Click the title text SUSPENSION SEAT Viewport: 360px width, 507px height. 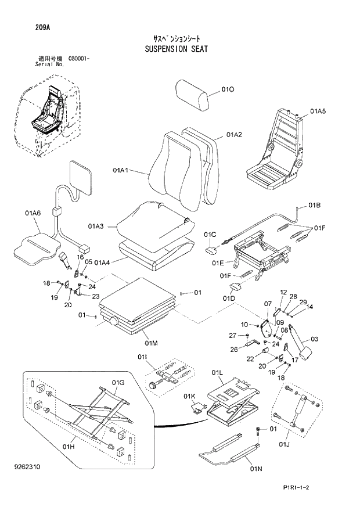coord(175,49)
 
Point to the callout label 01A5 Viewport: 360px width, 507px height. coord(318,110)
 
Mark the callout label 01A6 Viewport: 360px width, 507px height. coord(33,214)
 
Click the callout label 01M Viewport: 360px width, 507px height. coord(143,341)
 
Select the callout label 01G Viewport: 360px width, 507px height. coord(118,383)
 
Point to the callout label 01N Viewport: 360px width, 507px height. coord(256,468)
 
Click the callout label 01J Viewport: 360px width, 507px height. coord(283,445)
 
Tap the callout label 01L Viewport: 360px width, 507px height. coord(218,372)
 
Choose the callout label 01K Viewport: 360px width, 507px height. coord(189,396)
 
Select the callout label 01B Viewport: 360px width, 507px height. coord(314,205)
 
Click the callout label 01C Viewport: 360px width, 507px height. coord(210,234)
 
